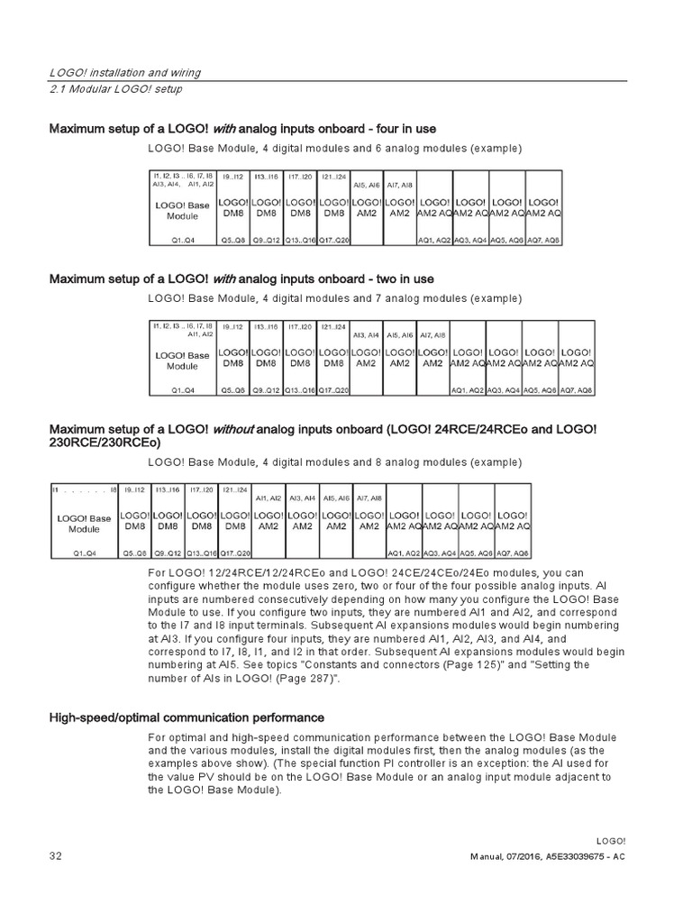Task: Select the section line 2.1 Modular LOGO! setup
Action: click(x=115, y=88)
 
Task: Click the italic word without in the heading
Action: click(x=232, y=428)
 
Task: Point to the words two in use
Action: click(x=405, y=279)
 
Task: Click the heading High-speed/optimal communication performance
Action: click(x=187, y=717)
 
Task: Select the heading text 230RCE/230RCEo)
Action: click(x=105, y=442)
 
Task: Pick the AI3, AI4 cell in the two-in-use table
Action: click(x=366, y=334)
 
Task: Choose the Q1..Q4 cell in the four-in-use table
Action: click(x=183, y=241)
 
